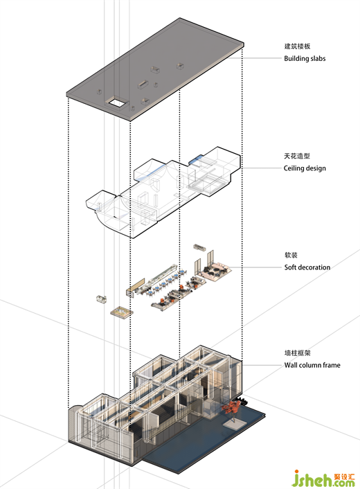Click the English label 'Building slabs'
coord(305,58)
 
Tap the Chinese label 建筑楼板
coord(297,46)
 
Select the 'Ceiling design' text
coord(305,168)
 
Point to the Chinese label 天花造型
coord(297,156)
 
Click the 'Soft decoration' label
coord(307,267)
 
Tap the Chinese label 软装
coord(291,255)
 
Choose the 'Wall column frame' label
coord(312,365)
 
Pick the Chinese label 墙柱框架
coord(298,353)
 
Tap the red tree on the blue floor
coord(231,407)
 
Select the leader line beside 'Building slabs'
coord(255,58)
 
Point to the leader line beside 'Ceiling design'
coord(261,168)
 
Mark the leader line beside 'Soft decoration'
coord(256,267)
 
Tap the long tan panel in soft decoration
coord(136,285)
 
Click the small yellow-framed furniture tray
coord(122,312)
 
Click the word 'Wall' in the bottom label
coord(291,365)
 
